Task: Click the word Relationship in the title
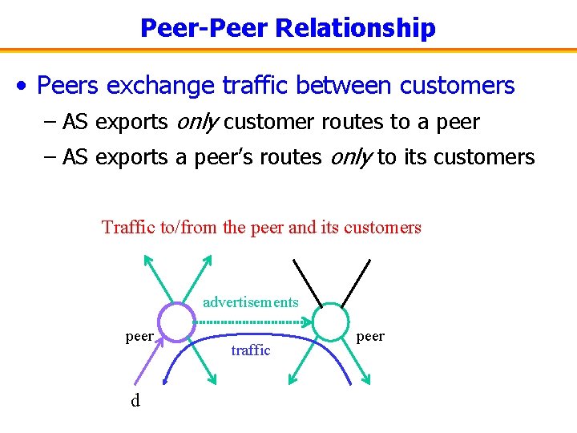pyautogui.click(x=355, y=28)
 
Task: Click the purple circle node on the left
pyautogui.click(x=176, y=323)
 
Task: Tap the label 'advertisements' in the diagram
pyautogui.click(x=250, y=302)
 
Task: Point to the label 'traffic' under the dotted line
pyautogui.click(x=250, y=350)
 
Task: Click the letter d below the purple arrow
pyautogui.click(x=135, y=400)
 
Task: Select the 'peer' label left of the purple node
pyautogui.click(x=139, y=336)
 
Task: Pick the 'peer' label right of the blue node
pyautogui.click(x=370, y=336)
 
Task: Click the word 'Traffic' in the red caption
pyautogui.click(x=129, y=228)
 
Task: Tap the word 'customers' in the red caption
pyautogui.click(x=382, y=228)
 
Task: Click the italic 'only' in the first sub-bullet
pyautogui.click(x=196, y=122)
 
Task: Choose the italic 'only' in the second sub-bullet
pyautogui.click(x=350, y=157)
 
